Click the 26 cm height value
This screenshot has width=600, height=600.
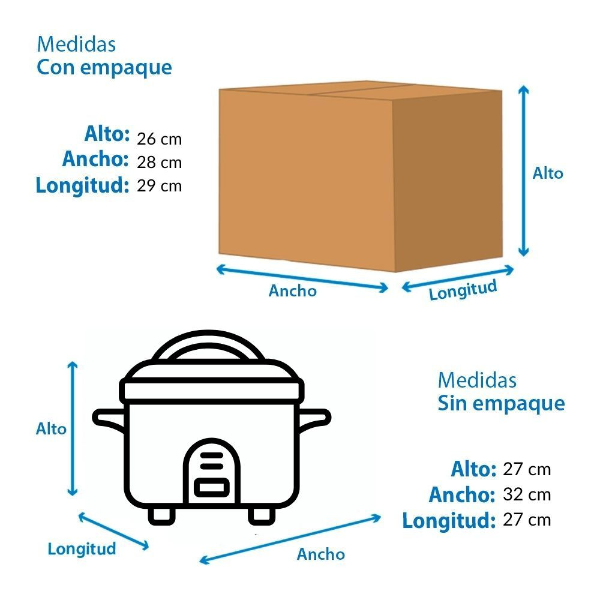(x=159, y=139)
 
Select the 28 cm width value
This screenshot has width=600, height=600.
(x=159, y=162)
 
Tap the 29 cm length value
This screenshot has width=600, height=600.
(x=159, y=185)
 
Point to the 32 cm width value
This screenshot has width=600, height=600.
(x=527, y=494)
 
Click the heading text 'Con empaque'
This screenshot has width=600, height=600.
(x=104, y=68)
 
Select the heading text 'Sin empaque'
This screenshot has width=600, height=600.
(x=501, y=404)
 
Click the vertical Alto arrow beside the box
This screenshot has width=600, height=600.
(x=523, y=171)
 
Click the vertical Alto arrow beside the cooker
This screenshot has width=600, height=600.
(x=73, y=428)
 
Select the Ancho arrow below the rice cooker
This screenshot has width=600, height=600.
(x=290, y=539)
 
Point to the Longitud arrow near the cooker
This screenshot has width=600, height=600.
(x=113, y=532)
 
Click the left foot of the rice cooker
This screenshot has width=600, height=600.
(x=161, y=516)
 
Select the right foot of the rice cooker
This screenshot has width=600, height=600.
(x=262, y=516)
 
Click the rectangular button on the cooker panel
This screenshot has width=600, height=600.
(x=212, y=487)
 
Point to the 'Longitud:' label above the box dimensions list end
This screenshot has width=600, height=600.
(x=82, y=185)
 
